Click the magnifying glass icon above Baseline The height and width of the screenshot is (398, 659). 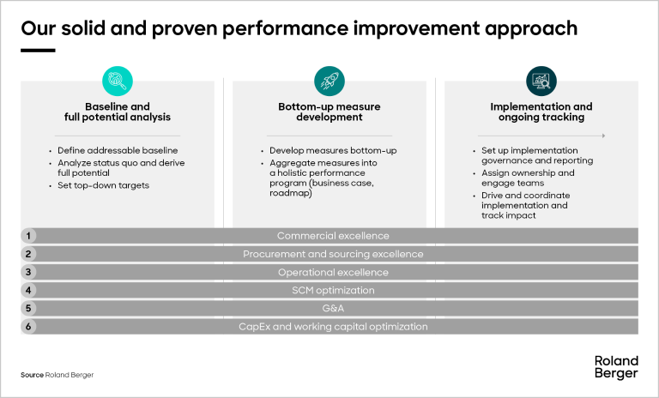(117, 81)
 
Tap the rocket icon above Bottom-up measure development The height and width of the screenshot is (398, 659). (329, 81)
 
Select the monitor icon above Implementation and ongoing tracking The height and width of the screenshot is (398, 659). (541, 81)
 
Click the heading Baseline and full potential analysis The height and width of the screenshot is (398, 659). (117, 112)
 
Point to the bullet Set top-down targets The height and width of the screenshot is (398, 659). (103, 185)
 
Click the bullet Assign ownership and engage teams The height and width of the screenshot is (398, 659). (527, 178)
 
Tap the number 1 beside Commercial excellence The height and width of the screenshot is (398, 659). (29, 236)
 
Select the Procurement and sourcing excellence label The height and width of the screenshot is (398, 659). (333, 254)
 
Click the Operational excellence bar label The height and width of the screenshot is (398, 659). (333, 272)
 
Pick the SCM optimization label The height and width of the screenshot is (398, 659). (333, 291)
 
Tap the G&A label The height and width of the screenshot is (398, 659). (333, 309)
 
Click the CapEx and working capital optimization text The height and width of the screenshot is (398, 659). (333, 327)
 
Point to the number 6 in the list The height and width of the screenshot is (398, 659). (29, 327)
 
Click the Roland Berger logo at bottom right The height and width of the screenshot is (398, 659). (615, 367)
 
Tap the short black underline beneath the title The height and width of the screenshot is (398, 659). (38, 50)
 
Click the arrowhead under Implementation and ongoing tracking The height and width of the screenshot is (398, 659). (604, 136)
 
